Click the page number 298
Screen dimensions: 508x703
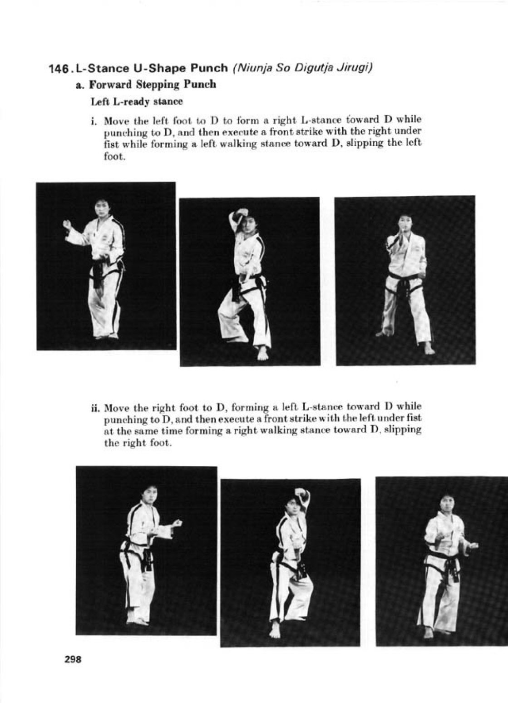[x=73, y=659]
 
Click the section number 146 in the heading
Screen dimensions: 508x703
[x=60, y=69]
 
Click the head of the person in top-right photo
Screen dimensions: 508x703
[x=405, y=223]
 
